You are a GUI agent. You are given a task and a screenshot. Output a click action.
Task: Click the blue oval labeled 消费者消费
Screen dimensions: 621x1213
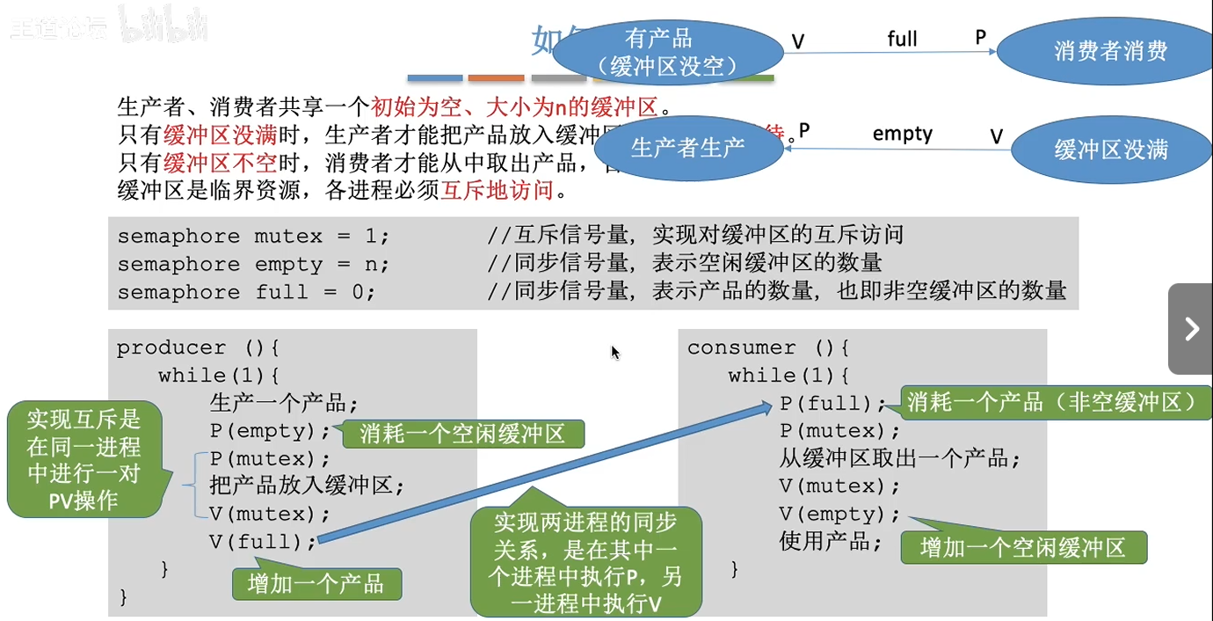tap(1110, 51)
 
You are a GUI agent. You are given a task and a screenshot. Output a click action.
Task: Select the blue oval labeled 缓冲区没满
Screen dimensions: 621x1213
tap(1110, 150)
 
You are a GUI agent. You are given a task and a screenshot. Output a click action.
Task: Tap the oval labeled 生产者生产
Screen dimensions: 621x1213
tap(688, 147)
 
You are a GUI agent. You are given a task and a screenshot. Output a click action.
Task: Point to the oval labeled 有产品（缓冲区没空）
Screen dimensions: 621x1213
tap(659, 52)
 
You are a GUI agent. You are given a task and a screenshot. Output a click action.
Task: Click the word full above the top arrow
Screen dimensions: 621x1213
tap(902, 39)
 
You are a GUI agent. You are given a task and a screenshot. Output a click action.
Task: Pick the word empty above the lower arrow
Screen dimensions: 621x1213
tap(902, 134)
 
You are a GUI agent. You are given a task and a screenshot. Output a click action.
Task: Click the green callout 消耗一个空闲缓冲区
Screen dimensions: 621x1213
tap(462, 434)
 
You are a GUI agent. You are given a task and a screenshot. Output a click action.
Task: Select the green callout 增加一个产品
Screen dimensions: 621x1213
tap(316, 584)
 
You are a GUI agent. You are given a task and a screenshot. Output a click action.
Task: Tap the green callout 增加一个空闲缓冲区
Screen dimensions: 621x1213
tap(1023, 548)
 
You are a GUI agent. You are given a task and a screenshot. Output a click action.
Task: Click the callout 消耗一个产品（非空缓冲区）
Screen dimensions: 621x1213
tap(1052, 403)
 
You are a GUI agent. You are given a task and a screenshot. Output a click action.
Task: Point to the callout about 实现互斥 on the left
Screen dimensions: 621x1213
tap(84, 458)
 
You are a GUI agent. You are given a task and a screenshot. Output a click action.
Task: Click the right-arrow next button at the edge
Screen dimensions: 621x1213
tap(1191, 329)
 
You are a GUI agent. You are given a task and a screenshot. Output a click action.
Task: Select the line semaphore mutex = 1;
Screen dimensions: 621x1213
tap(253, 236)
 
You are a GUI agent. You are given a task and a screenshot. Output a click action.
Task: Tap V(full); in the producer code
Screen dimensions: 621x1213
tap(262, 542)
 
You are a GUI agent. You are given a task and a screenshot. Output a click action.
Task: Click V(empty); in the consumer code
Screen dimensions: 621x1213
tap(839, 514)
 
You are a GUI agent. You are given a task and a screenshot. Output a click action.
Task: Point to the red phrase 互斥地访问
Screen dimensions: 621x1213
tap(497, 190)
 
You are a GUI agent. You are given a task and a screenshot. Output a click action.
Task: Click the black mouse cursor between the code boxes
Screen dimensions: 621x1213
tap(615, 352)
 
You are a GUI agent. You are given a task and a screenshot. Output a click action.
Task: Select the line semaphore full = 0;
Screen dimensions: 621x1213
tap(246, 292)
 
